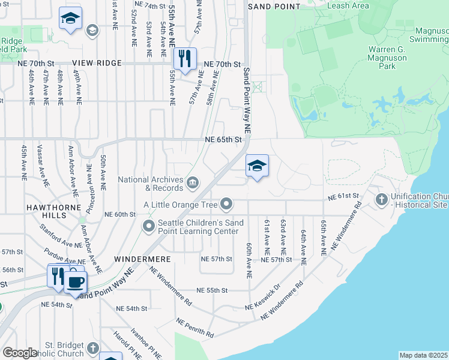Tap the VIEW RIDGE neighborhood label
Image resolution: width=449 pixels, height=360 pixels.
pos(97,63)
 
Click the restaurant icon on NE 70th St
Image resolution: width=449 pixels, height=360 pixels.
pos(184,59)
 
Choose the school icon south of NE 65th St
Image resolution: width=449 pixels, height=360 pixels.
pos(257,166)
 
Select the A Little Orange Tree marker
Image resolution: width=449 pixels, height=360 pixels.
pos(226,205)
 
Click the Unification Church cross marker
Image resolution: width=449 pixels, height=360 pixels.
pos(381,199)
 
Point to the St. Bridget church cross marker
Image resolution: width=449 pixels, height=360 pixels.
pos(92,348)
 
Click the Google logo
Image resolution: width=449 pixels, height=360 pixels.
pos(20,353)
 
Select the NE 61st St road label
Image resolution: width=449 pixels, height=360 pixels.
pos(343,196)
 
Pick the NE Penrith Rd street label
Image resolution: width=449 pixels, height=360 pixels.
pos(195,328)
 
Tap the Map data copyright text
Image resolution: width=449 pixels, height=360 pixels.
pos(424,355)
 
